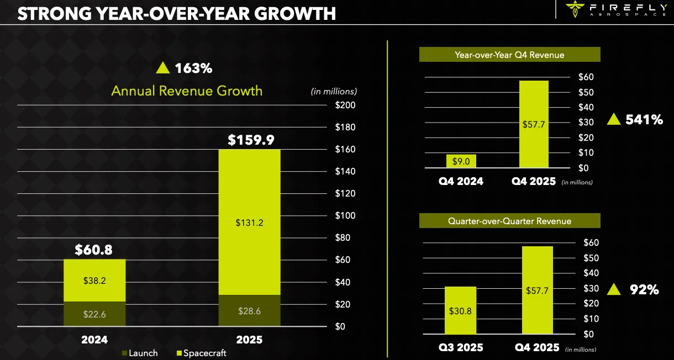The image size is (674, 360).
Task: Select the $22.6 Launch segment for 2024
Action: [94, 313]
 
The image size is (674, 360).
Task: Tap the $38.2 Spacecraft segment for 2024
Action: [94, 280]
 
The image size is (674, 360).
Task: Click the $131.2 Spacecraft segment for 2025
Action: [249, 223]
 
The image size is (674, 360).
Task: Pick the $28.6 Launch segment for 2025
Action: [249, 310]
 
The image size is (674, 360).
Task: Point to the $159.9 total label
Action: [251, 140]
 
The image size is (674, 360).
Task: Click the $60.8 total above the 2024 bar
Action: [94, 250]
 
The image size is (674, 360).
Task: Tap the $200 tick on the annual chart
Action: [346, 105]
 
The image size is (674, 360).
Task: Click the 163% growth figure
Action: [193, 68]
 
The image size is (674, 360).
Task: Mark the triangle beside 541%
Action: [613, 119]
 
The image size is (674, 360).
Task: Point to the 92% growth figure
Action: [644, 289]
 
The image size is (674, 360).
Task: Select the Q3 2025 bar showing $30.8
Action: [460, 310]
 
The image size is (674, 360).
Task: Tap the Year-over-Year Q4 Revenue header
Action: [509, 55]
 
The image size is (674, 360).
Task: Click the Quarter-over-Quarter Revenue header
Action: [509, 221]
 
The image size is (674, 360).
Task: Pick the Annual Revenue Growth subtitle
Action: [187, 91]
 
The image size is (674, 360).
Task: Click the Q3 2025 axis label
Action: [460, 347]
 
